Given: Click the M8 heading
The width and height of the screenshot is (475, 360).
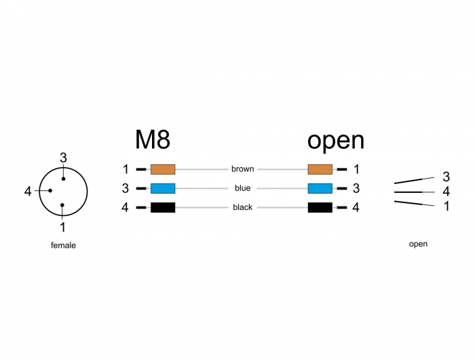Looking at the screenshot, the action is point(153,139).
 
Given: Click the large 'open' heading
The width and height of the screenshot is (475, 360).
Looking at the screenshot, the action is point(336,141).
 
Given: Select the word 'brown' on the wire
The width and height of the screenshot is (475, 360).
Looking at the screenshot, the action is point(243,169).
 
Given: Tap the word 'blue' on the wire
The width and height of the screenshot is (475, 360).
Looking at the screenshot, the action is point(243,188).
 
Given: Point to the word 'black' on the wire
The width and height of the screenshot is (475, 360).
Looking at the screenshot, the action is point(243,207).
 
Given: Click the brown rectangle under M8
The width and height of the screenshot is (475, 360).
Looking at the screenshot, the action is point(163,169).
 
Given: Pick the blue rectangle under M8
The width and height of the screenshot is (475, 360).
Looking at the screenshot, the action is point(163,188).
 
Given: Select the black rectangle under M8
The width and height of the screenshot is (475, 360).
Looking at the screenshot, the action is point(163,207).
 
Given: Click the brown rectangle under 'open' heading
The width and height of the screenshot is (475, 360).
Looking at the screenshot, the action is point(320,169).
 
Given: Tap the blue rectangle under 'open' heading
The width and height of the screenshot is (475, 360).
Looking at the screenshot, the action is point(320,188).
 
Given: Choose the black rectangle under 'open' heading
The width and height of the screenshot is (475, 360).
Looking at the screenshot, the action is point(320,207).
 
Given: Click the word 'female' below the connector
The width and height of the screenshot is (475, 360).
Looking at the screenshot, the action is point(63,245).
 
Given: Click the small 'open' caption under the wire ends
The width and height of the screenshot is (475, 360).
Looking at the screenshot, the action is point(418,244).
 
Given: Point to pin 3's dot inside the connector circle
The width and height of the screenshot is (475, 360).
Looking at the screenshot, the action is point(63,179).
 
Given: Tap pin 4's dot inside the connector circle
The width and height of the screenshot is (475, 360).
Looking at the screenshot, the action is point(50,190).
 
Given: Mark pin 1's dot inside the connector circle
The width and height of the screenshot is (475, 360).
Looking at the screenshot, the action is point(62,205).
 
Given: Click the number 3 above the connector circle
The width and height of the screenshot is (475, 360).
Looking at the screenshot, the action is point(63,158).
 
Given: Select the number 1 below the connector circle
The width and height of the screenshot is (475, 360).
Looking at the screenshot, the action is point(62,227).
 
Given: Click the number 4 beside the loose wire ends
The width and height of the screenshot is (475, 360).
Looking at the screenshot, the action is point(446,192).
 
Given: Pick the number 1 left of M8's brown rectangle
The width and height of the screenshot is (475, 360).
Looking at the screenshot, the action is point(126,169).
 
